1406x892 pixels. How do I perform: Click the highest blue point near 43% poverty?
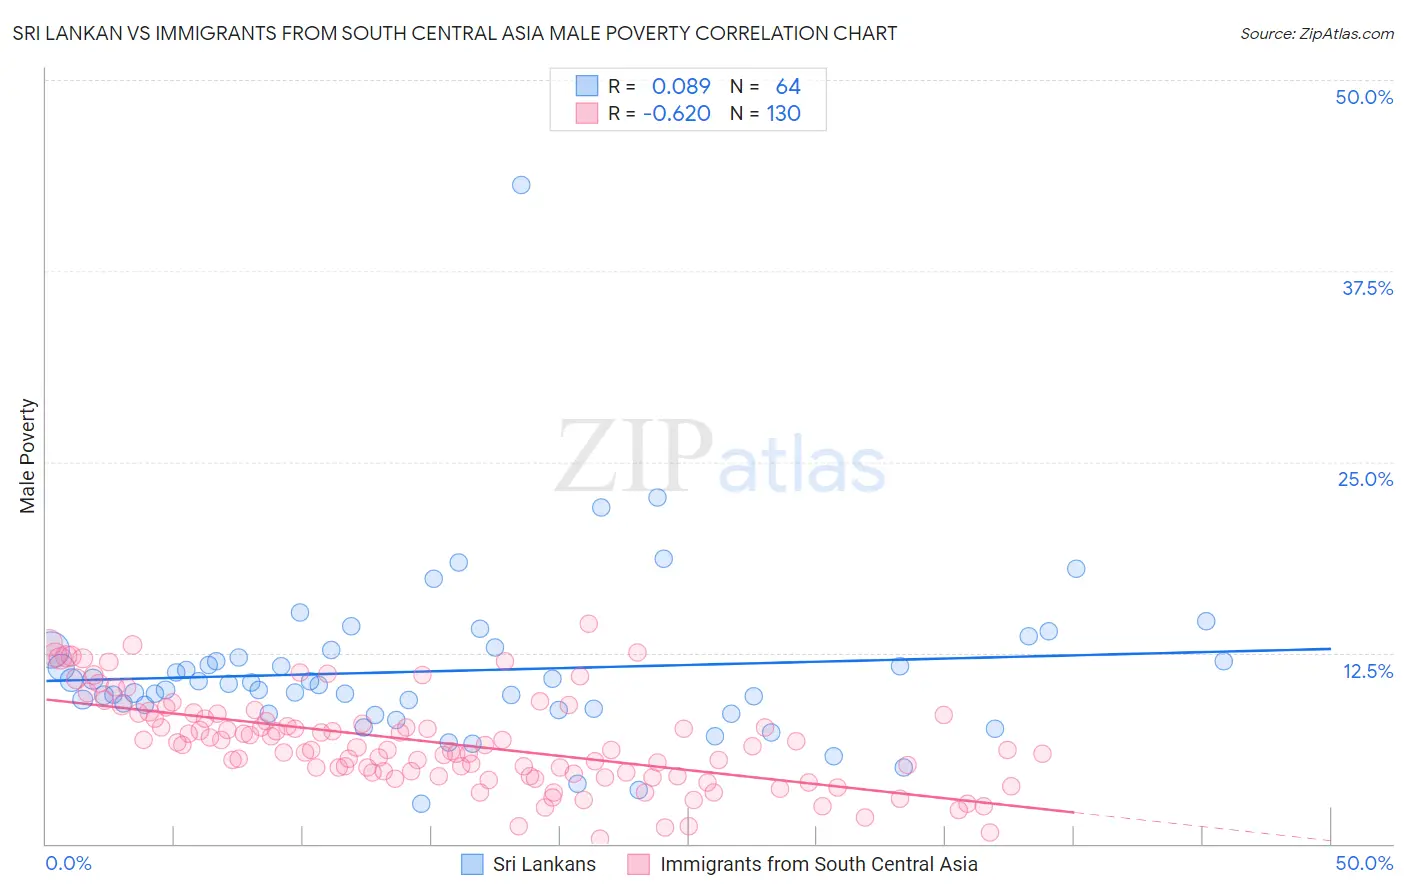521,185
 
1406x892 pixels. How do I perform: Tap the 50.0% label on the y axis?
1364,97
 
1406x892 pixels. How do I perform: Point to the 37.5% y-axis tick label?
1367,288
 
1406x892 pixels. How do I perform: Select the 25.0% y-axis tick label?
1365,479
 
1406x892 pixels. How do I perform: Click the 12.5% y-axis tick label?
1367,671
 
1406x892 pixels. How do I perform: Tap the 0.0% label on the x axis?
68,863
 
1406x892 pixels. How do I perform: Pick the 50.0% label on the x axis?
1364,863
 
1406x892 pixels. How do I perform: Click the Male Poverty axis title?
28,456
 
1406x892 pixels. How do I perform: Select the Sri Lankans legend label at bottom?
544,864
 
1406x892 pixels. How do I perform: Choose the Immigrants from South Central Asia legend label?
819,864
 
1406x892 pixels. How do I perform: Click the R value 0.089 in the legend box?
681,87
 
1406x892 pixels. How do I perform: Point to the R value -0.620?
677,113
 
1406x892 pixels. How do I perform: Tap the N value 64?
788,87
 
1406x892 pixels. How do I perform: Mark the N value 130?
784,113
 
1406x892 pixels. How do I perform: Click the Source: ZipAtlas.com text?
1316,34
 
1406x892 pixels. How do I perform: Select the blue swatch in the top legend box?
586,86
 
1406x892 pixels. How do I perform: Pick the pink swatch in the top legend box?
586,113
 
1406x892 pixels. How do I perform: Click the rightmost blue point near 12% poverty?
1223,661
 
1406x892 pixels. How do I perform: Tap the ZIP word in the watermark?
634,457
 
